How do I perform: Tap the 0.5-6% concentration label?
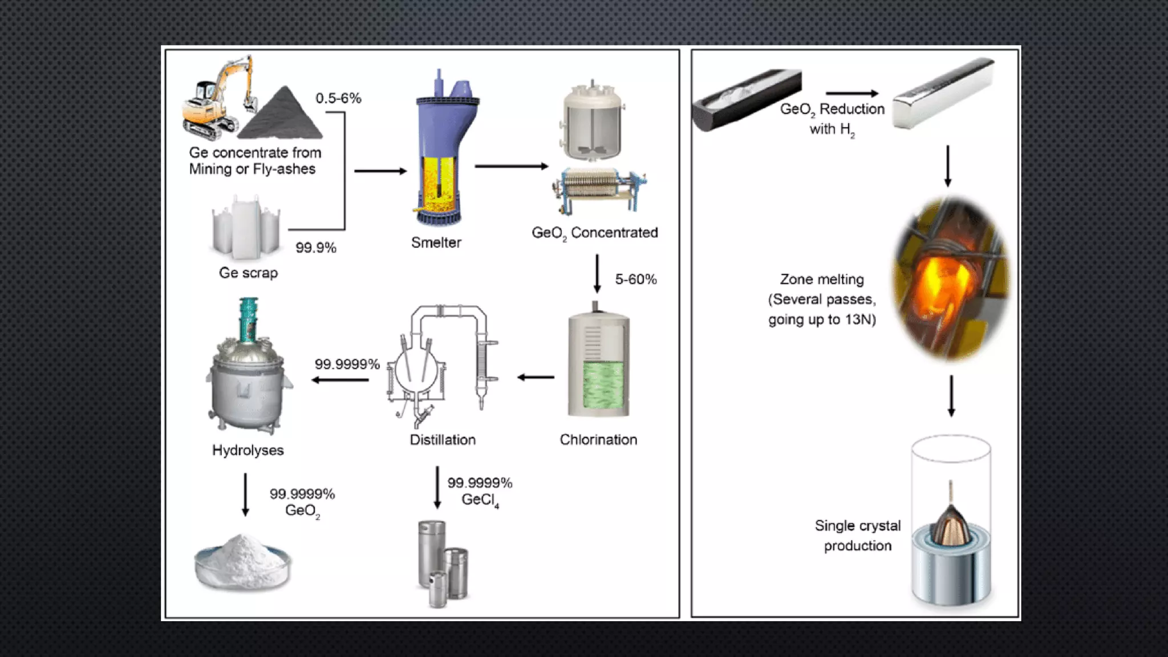point(338,98)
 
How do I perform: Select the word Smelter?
point(436,242)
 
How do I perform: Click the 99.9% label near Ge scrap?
point(315,248)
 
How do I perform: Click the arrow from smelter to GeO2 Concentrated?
point(510,167)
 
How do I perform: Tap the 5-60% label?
point(635,279)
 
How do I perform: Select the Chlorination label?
point(598,440)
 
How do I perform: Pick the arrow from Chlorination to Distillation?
point(536,377)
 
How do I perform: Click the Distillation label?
point(443,440)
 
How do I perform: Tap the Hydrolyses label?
point(248,450)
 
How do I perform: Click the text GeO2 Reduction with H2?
point(832,119)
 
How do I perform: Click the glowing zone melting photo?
point(949,279)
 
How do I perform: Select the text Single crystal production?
point(857,536)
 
